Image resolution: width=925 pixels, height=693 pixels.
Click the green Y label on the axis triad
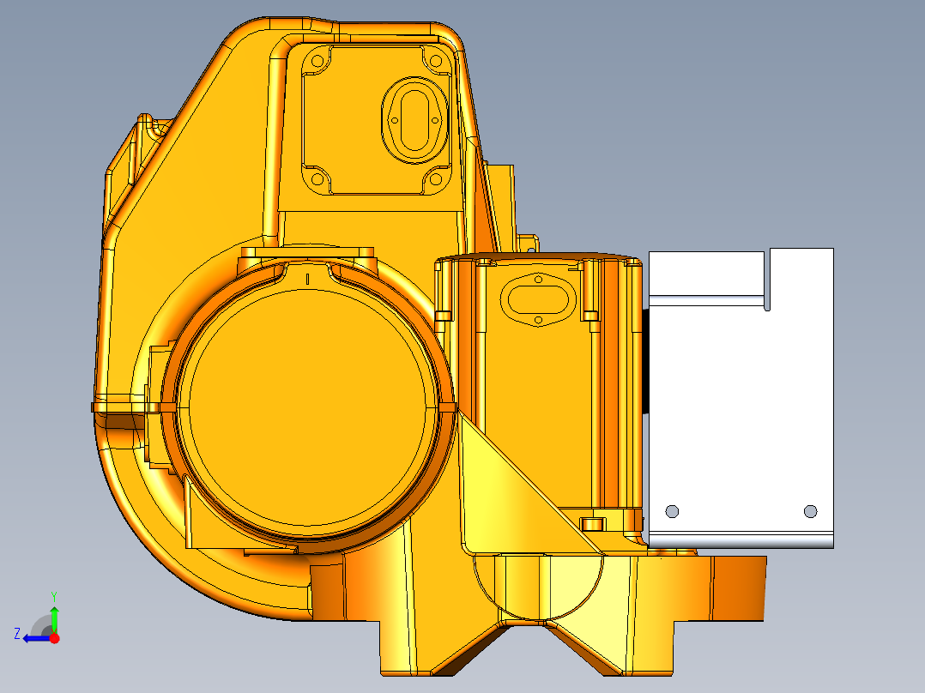(54, 595)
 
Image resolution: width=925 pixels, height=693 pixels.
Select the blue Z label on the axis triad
(17, 633)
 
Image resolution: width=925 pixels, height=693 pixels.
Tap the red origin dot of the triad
(55, 638)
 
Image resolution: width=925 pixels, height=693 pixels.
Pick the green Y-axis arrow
(55, 618)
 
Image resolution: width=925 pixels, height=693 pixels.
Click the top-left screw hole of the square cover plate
(317, 62)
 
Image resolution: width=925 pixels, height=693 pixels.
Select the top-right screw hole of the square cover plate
(434, 62)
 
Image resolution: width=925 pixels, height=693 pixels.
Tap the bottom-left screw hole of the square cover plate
(317, 179)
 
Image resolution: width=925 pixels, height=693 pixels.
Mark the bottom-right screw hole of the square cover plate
(434, 179)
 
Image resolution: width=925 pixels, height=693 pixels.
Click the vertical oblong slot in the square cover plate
(414, 119)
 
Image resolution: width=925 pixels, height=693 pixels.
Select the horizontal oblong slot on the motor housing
(536, 299)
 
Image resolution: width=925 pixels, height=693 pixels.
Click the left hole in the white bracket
(672, 511)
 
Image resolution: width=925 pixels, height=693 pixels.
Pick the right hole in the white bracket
(810, 511)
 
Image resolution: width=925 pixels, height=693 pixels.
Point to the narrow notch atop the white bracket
(767, 279)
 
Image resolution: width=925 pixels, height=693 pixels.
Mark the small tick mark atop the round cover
(307, 278)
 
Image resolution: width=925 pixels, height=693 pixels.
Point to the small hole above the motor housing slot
(537, 278)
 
